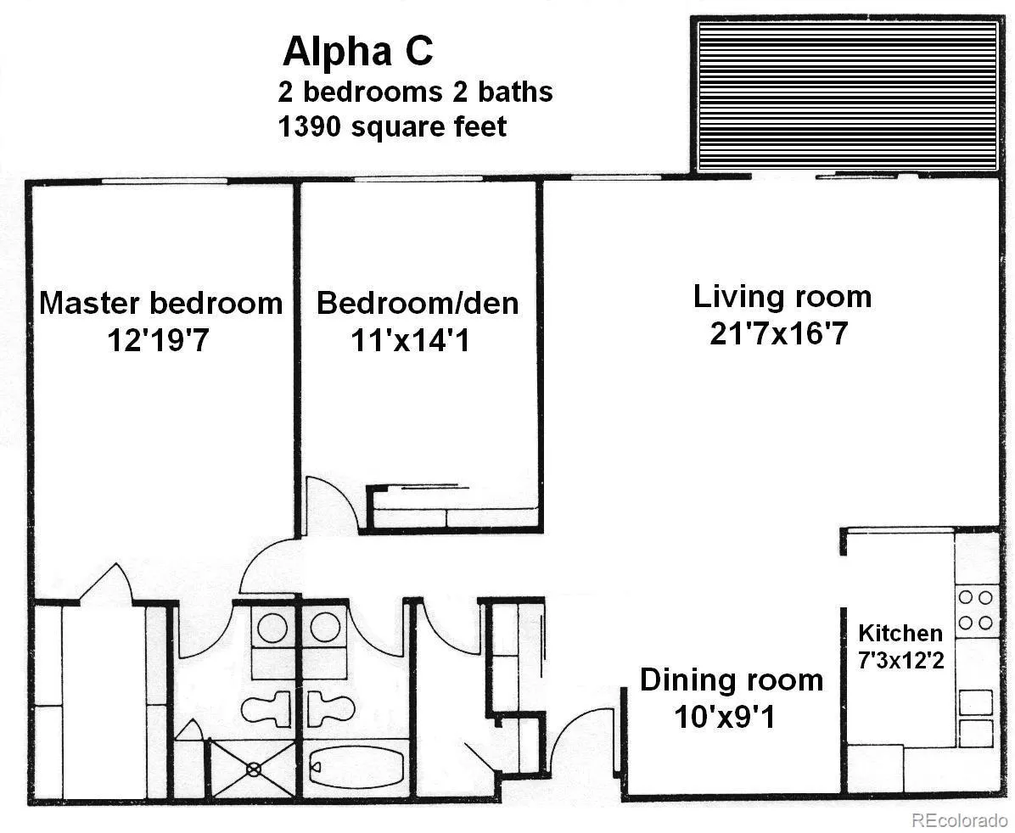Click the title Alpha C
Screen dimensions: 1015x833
358,51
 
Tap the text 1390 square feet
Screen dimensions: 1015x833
392,126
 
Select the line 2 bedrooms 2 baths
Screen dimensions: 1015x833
415,92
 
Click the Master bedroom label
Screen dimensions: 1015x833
161,303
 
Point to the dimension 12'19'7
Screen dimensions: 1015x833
158,340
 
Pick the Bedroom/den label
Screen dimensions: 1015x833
418,303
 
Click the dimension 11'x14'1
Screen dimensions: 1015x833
410,340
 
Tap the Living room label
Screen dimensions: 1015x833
782,296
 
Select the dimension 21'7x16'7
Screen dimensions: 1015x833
779,333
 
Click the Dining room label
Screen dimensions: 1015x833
732,680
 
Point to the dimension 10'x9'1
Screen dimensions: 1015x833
725,717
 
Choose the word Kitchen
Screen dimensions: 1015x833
900,632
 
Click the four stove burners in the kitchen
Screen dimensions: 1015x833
975,610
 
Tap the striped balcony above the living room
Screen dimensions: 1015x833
848,95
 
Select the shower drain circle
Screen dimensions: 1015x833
254,769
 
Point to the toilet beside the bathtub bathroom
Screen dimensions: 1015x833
331,707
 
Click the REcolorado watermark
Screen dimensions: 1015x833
959,820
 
